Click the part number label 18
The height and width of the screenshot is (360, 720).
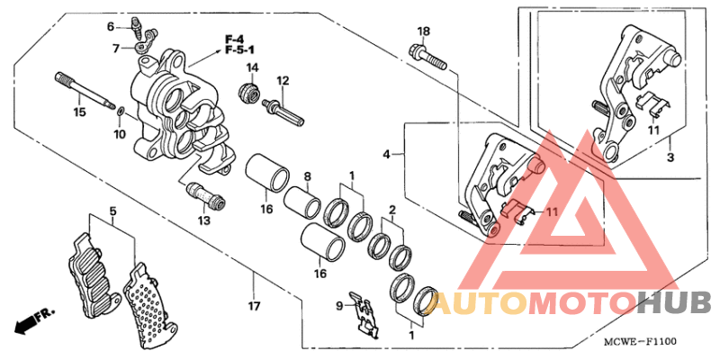[x=423, y=31]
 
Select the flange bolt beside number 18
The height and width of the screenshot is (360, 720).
[x=428, y=58]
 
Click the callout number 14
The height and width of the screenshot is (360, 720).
[x=253, y=68]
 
